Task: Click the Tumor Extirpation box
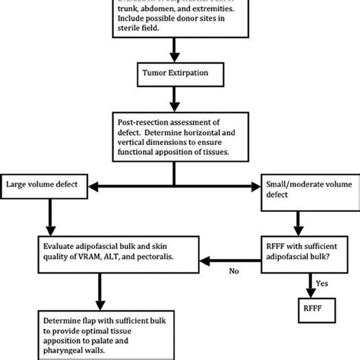(175, 76)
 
